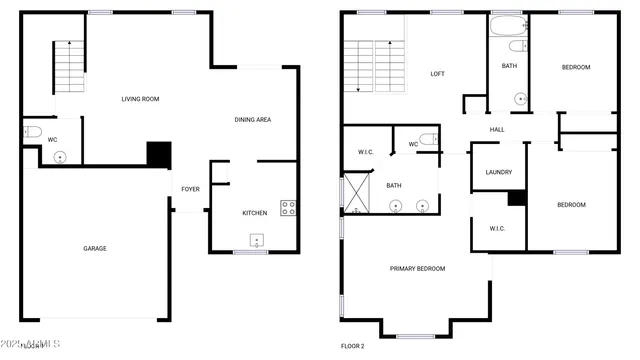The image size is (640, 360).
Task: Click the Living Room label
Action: coord(140,99)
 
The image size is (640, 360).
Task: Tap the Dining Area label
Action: coord(253,120)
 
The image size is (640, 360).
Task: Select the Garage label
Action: coord(94,248)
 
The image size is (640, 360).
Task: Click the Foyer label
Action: coord(190,189)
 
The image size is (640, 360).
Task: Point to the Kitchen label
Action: coord(255,213)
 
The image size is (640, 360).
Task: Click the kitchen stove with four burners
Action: coord(288,208)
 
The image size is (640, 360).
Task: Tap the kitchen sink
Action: coord(257,240)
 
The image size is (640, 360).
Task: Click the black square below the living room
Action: coord(159,154)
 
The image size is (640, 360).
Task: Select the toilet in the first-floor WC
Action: coord(31,131)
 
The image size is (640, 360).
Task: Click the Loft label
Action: coord(437,74)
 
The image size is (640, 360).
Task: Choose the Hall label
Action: coord(497,130)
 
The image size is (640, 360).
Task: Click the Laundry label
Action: coord(498,172)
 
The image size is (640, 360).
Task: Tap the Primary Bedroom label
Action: coord(417,268)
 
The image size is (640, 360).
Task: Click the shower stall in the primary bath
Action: coord(355,195)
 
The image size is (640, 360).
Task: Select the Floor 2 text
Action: coord(353,346)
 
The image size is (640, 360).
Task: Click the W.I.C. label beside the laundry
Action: coord(498,228)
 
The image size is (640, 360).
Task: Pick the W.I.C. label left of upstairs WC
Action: coord(365,152)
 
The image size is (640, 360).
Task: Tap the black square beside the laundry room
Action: coord(516,198)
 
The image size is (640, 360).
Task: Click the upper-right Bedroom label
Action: coord(575,67)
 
